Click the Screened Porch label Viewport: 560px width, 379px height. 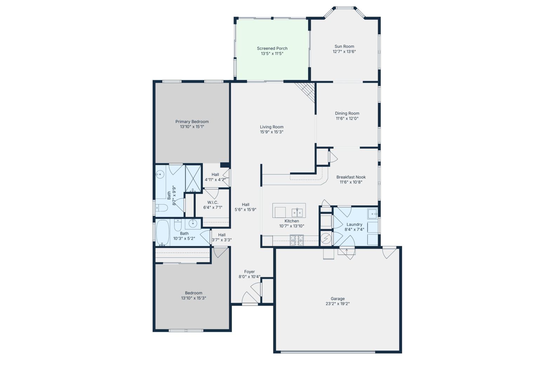click(x=272, y=48)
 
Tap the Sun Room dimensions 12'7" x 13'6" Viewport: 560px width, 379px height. click(x=344, y=52)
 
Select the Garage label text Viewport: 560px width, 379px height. click(x=338, y=299)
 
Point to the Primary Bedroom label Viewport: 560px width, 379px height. click(x=192, y=121)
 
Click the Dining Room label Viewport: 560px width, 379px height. click(x=347, y=113)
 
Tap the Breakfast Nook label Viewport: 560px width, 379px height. click(x=351, y=177)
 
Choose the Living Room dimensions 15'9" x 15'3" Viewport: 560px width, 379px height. click(x=272, y=132)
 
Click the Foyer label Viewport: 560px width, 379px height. click(x=249, y=272)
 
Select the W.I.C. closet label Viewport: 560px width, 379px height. click(x=213, y=202)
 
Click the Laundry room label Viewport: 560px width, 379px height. click(x=354, y=224)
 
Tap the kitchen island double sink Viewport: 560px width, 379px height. click(x=297, y=213)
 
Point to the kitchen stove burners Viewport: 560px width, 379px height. click(x=297, y=240)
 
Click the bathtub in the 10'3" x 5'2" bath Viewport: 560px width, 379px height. click(x=162, y=233)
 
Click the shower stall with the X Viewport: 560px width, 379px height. click(x=193, y=179)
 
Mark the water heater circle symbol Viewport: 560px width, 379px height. click(x=326, y=239)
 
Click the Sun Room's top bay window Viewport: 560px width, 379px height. click(x=344, y=8)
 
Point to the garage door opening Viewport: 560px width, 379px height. click(x=328, y=352)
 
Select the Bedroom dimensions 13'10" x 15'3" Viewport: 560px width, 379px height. click(x=193, y=298)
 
